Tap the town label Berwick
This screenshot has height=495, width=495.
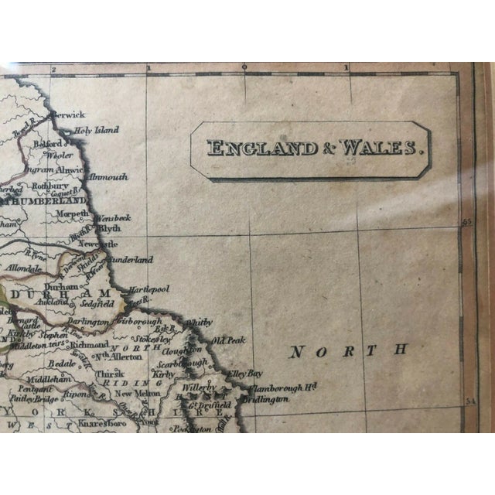click(x=70, y=114)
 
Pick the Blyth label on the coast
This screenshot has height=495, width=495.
click(x=110, y=230)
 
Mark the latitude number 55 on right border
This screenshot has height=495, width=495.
click(x=466, y=222)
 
